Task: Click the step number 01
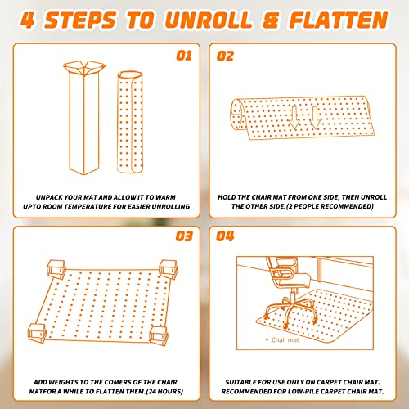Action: pyautogui.click(x=184, y=56)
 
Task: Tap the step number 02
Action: pyautogui.click(x=225, y=56)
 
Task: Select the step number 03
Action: pyautogui.click(x=184, y=236)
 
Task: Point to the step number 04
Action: pyautogui.click(x=225, y=236)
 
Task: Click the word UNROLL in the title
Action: pyautogui.click(x=208, y=20)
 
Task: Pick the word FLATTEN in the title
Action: pyautogui.click(x=339, y=20)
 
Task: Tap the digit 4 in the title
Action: pyautogui.click(x=28, y=20)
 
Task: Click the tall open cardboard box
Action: pyautogui.click(x=84, y=118)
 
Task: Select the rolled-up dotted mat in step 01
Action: pyautogui.click(x=130, y=122)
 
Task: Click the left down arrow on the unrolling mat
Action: pyautogui.click(x=294, y=118)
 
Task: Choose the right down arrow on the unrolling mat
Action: pyautogui.click(x=315, y=118)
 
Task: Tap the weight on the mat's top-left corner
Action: pyautogui.click(x=56, y=269)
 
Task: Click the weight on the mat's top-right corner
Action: pyautogui.click(x=169, y=269)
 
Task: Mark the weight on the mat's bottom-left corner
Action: pyautogui.click(x=37, y=333)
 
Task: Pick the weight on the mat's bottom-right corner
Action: pyautogui.click(x=158, y=335)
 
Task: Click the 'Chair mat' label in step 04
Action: pyautogui.click(x=285, y=340)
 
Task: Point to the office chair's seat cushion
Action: pyautogui.click(x=295, y=281)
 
